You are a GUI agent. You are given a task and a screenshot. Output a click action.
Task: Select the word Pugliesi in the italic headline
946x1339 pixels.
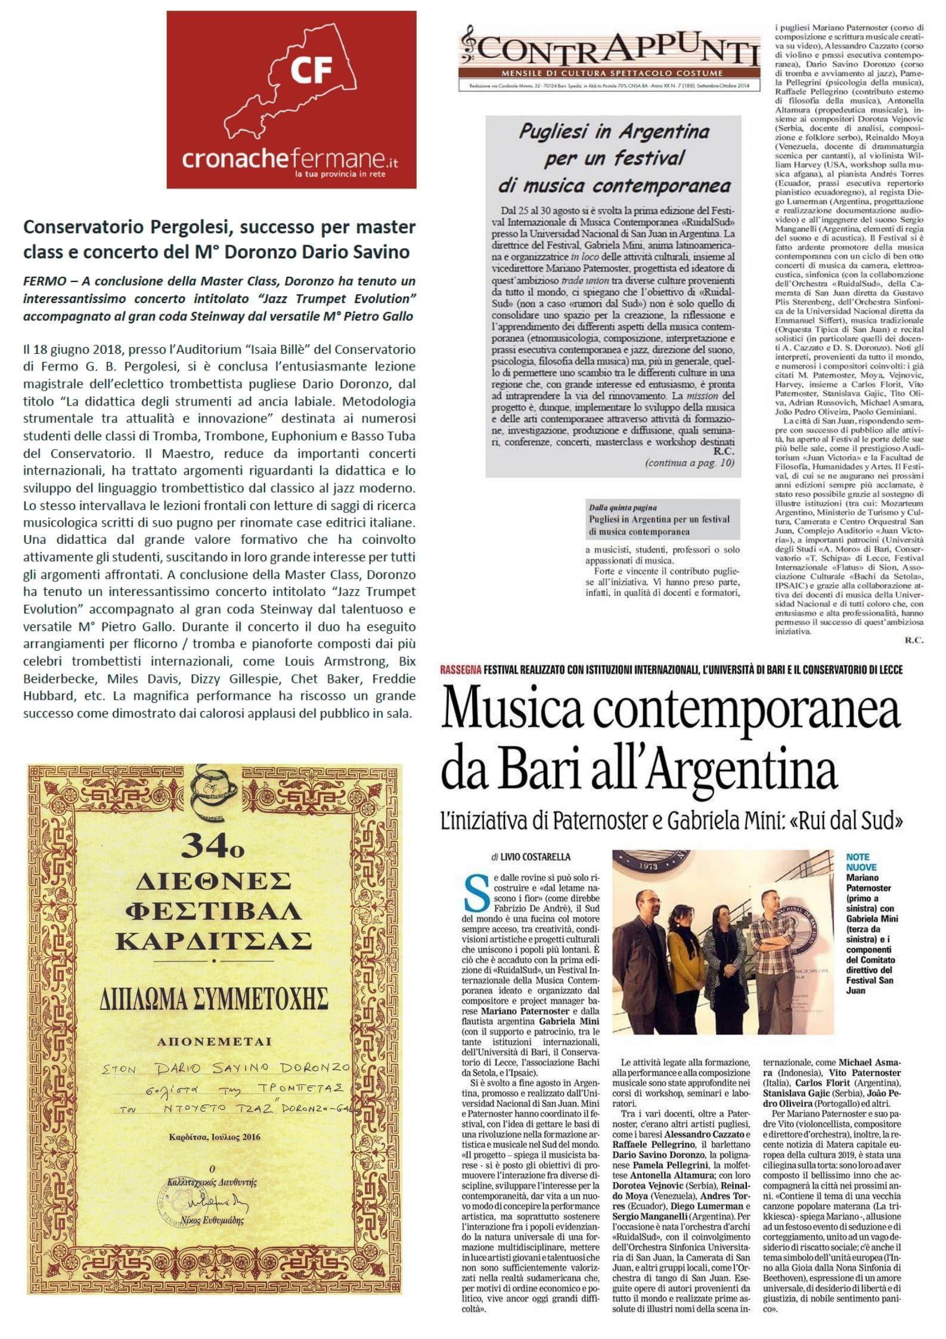tap(557, 131)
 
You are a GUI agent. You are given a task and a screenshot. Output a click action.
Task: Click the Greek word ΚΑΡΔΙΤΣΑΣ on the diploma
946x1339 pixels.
tap(213, 941)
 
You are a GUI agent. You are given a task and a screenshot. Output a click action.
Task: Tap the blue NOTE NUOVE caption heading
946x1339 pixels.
tap(858, 862)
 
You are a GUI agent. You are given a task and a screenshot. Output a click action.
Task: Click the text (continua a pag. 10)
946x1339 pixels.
tap(691, 462)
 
